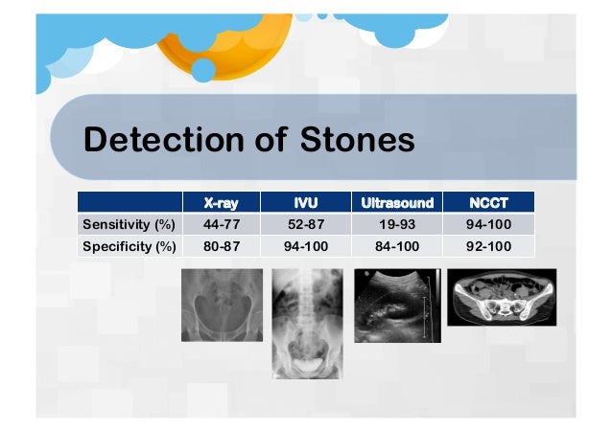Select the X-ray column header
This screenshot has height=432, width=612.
pyautogui.click(x=221, y=203)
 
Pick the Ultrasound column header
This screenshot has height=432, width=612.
pyautogui.click(x=397, y=203)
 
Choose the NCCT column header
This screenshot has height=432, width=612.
pyautogui.click(x=489, y=203)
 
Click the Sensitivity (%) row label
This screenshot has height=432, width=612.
pyautogui.click(x=128, y=225)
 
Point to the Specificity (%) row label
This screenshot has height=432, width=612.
pyautogui.click(x=128, y=247)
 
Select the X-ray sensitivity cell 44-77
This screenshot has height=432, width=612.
pyautogui.click(x=221, y=225)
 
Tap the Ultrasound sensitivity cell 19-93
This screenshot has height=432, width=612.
pyautogui.click(x=397, y=225)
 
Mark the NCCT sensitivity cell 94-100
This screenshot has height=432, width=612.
pyautogui.click(x=489, y=225)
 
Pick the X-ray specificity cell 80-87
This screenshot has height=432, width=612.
pyautogui.click(x=221, y=247)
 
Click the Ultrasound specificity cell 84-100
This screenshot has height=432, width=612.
pyautogui.click(x=397, y=247)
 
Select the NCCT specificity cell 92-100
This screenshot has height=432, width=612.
pyautogui.click(x=489, y=247)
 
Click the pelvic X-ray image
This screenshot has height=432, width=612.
pyautogui.click(x=222, y=305)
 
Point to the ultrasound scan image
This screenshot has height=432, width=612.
pyautogui.click(x=397, y=305)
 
